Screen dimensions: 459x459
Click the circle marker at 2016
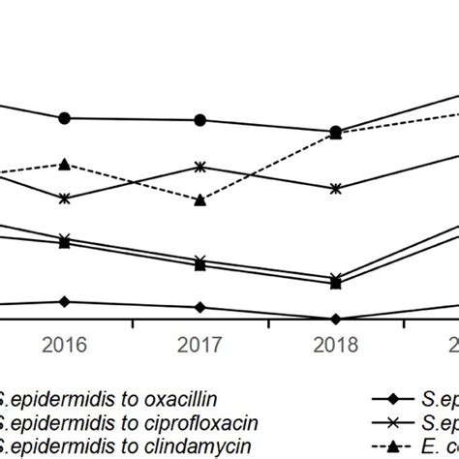(x=64, y=118)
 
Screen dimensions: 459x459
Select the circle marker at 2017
(x=199, y=120)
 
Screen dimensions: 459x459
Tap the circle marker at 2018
(x=335, y=131)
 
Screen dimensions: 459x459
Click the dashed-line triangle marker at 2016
(x=64, y=165)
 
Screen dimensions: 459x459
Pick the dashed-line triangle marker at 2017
(x=199, y=200)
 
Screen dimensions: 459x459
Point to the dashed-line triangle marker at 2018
(x=335, y=135)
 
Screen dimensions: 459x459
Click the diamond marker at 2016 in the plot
(x=64, y=301)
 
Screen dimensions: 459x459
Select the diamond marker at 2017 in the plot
(x=199, y=307)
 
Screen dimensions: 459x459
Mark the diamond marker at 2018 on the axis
(x=335, y=319)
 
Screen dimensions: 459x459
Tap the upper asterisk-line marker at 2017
(x=199, y=167)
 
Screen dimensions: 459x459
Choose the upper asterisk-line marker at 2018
(x=335, y=189)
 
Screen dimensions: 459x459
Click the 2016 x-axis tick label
(x=64, y=345)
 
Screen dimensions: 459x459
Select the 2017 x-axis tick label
(x=199, y=345)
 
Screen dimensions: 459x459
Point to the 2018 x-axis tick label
(x=335, y=345)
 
